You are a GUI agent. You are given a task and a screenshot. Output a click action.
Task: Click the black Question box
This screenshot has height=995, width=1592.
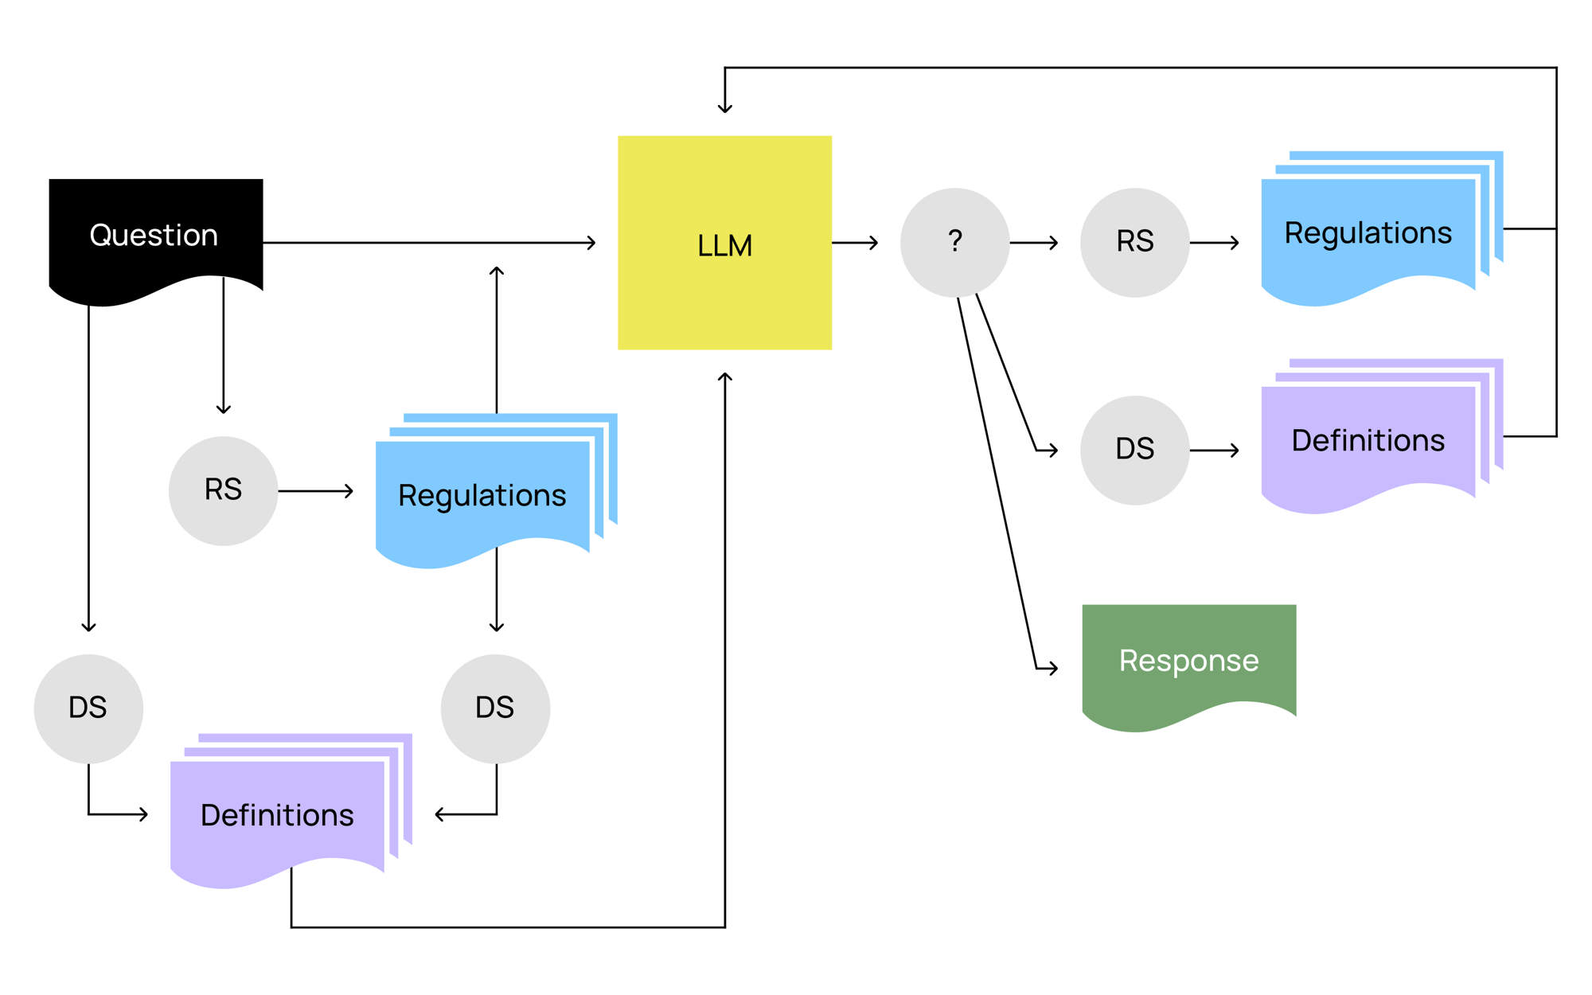155,235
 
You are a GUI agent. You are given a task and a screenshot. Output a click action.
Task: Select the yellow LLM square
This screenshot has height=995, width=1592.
724,243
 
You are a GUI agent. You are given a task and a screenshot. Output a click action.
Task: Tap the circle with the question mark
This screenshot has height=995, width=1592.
954,242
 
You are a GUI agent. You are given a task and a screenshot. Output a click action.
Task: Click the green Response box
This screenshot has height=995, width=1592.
1188,661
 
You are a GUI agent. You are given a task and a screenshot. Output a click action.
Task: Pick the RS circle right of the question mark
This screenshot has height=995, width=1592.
1134,242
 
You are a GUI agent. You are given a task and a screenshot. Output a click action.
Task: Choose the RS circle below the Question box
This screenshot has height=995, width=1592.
223,490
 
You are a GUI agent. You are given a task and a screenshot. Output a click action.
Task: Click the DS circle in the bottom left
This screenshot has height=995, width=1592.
88,708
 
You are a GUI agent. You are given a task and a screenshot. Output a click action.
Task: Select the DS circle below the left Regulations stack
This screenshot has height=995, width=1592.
495,708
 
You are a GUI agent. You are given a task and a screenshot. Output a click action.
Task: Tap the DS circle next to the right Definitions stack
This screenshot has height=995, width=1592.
1134,450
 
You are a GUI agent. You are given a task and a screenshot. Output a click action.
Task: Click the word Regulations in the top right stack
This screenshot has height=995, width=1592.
1368,233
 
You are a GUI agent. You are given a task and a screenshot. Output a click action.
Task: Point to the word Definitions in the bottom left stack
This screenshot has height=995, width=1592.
277,815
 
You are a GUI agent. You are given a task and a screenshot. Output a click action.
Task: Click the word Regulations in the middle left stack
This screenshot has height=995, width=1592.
482,496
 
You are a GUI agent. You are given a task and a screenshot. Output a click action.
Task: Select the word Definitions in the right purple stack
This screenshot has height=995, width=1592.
1368,441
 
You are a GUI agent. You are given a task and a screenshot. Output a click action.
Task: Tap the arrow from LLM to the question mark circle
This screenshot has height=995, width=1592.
855,242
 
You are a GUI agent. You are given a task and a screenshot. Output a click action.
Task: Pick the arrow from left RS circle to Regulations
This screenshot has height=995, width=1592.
316,490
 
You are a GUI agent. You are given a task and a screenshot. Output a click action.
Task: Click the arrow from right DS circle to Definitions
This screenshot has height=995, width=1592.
1215,451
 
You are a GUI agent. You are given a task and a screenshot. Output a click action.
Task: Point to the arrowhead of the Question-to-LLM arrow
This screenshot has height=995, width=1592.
592,242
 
